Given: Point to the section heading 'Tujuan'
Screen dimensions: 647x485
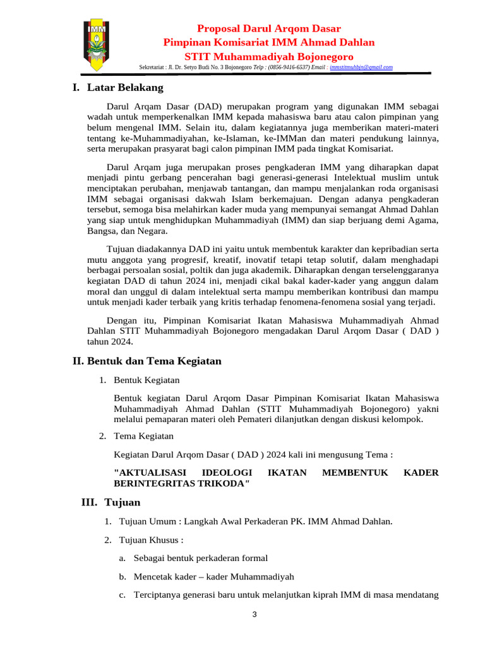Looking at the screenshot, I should [123, 502].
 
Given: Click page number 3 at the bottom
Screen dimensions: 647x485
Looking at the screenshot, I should [254, 615].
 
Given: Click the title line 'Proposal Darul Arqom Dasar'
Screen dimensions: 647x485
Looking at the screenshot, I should [269, 28].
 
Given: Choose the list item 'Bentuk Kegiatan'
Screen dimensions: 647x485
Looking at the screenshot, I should [147, 380].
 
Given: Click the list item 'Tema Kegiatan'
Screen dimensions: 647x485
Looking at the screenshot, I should [143, 436].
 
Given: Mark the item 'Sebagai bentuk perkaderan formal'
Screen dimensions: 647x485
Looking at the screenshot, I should [201, 558].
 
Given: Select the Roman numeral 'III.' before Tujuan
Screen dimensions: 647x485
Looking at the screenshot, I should [90, 502].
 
